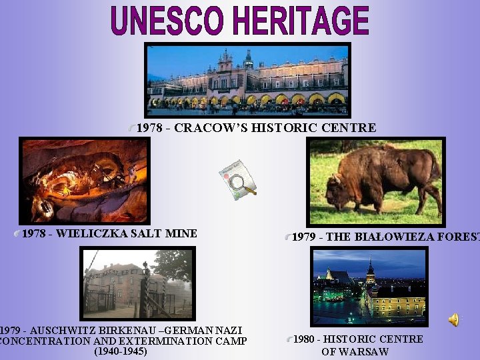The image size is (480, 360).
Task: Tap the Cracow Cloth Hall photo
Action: point(247,79)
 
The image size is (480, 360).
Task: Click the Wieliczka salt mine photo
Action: point(83,180)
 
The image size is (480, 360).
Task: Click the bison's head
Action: point(339,187)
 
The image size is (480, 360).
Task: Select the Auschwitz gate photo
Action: point(138,283)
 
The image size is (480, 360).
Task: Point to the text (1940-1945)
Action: point(121,351)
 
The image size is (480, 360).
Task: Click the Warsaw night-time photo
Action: point(369,286)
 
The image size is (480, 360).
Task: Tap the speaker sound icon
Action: point(454,320)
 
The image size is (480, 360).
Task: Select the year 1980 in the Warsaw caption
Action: point(305,339)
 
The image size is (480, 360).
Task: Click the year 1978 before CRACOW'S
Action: point(149,128)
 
